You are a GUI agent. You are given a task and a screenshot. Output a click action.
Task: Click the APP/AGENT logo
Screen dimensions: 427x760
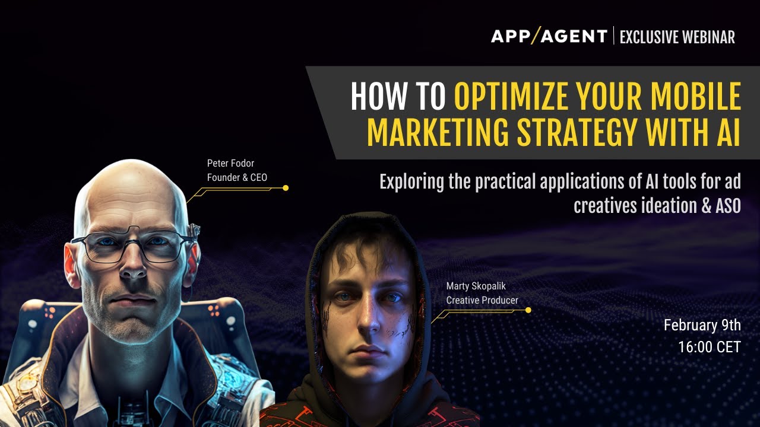coord(549,37)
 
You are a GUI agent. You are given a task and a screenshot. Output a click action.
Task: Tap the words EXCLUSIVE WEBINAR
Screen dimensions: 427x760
coord(677,37)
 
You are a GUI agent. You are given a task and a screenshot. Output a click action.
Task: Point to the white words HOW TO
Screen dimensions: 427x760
coord(398,97)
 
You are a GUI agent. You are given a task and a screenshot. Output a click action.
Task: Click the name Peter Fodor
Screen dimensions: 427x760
coord(230,163)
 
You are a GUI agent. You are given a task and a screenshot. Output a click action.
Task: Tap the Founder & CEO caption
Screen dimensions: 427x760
coord(237,177)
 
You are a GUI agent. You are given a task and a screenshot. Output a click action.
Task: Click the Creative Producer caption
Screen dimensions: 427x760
coord(482,300)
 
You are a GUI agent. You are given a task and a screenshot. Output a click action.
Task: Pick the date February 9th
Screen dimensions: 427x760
coord(702,325)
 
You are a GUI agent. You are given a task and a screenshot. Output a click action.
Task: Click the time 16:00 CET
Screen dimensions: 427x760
coord(710,347)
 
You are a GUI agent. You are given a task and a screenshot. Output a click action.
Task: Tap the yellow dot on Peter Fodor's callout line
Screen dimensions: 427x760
coord(286,188)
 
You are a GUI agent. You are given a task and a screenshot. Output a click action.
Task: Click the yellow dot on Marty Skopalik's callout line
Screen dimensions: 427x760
coord(528,310)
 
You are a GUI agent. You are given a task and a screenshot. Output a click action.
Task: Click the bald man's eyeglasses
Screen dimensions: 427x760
coord(134,245)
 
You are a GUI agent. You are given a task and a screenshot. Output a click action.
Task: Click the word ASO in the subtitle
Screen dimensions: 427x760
coord(726,206)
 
